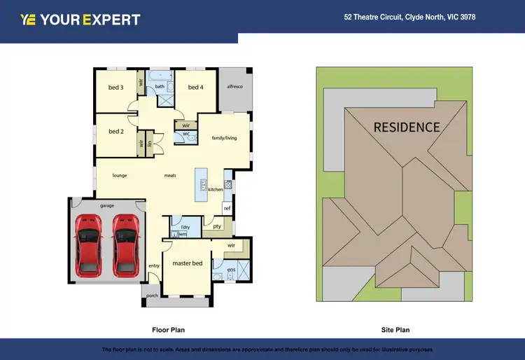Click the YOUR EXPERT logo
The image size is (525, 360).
coord(80,20)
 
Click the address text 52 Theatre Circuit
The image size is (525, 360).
coord(409,18)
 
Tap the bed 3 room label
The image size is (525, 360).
coord(116,88)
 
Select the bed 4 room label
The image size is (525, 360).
coord(196,88)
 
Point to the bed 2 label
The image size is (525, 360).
coord(116,131)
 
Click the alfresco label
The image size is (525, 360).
coord(234,87)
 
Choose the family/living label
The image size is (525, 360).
coord(225,138)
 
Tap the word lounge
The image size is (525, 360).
coord(120,175)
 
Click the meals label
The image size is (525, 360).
coord(170,175)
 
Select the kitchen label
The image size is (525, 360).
coord(215,190)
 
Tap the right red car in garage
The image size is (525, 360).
coord(125,243)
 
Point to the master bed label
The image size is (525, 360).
coord(188,263)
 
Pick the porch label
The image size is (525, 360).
coord(152,296)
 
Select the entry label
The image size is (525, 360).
coord(155,265)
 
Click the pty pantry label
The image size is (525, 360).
coord(217,226)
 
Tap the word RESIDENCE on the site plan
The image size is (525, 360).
coord(407,127)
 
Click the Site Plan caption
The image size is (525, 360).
coord(395,329)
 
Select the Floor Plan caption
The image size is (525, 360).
coord(168,329)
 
